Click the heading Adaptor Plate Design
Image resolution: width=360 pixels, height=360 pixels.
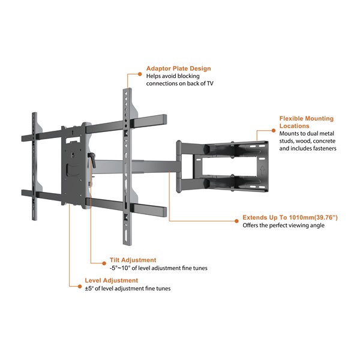[x=178, y=68]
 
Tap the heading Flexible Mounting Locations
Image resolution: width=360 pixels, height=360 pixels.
[x=305, y=122]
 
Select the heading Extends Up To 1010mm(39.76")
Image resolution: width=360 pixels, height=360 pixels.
[x=290, y=217]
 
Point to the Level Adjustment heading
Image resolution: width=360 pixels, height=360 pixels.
[x=112, y=280]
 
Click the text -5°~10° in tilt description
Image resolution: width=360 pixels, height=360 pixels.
[x=120, y=268]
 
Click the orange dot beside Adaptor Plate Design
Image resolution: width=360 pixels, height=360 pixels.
[x=141, y=68]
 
